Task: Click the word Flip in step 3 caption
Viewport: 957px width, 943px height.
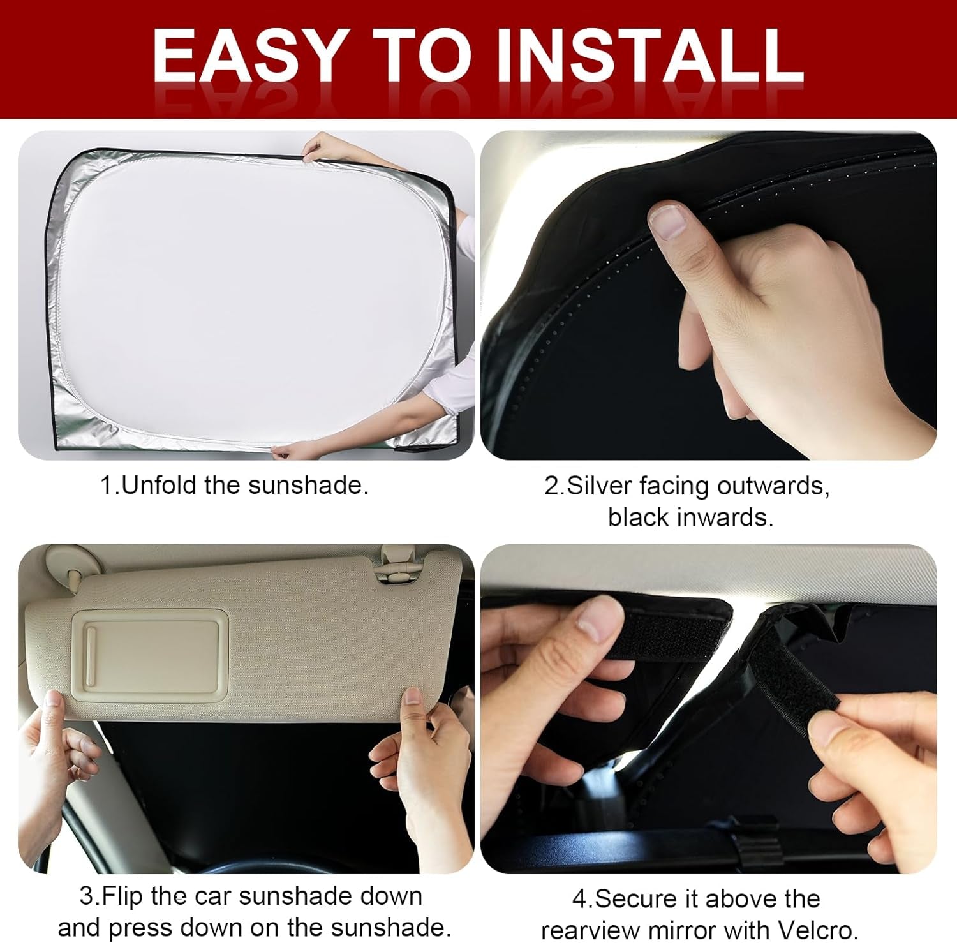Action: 122,896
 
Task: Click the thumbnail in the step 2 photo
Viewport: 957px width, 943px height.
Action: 667,220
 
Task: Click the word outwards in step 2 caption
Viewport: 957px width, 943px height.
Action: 772,486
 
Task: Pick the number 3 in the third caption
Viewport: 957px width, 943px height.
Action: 86,896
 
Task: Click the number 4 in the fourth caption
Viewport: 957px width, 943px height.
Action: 579,899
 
